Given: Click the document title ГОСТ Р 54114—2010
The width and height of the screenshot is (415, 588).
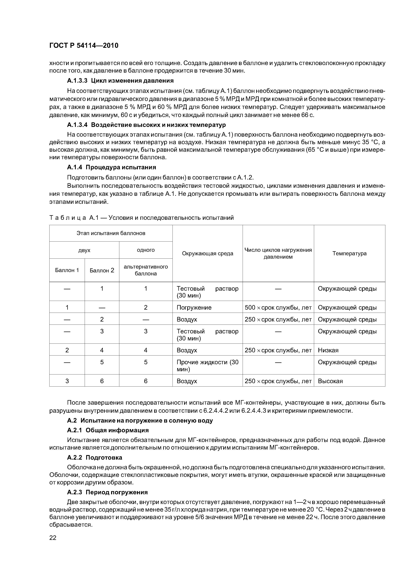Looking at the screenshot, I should (84, 46).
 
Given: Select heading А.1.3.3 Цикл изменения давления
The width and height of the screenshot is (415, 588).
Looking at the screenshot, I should (120, 81).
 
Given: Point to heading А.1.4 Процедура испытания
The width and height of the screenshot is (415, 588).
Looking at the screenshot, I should (111, 167).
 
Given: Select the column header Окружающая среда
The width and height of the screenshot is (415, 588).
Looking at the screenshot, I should (207, 253).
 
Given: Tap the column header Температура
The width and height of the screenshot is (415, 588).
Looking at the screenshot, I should (349, 253).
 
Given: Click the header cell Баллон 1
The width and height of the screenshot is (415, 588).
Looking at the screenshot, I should (67, 270).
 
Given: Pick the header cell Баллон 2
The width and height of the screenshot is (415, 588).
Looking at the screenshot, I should (102, 270).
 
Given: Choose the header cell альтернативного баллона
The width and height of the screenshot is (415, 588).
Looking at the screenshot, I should (146, 270).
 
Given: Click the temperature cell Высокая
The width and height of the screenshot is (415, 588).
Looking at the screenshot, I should (330, 381).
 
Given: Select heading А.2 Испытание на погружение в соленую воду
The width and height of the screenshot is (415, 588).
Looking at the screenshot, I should (140, 421).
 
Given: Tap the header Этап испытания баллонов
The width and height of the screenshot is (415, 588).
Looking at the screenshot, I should (111, 233).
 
